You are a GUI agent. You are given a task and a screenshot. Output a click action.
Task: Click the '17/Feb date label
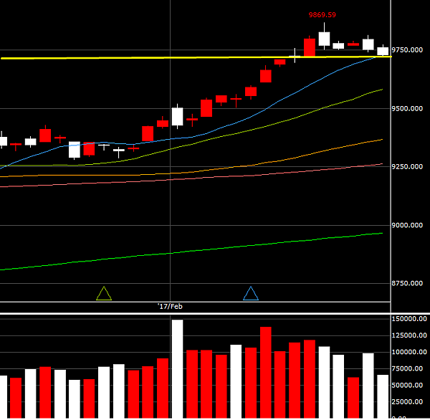pyautogui.click(x=170, y=306)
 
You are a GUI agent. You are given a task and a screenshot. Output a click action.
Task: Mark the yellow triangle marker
pyautogui.click(x=104, y=293)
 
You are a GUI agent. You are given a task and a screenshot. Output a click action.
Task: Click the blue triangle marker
pyautogui.click(x=251, y=293)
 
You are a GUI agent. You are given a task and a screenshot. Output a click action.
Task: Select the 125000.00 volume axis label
pyautogui.click(x=410, y=335)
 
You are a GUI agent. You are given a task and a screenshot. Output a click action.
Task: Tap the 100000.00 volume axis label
pyautogui.click(x=410, y=352)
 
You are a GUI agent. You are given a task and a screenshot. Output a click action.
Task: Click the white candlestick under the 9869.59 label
pyautogui.click(x=324, y=39)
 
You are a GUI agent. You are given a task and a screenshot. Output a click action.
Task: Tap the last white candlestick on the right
pyautogui.click(x=383, y=51)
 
